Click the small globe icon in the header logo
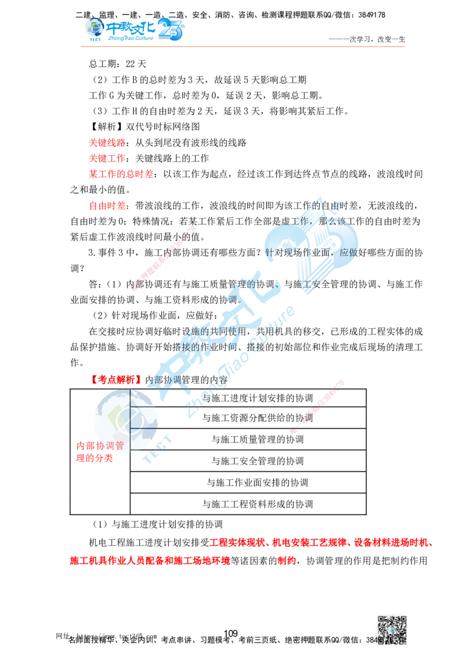click(92, 28)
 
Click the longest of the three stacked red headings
click(120, 173)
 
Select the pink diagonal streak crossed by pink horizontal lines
click(317, 407)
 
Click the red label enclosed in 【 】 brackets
click(117, 380)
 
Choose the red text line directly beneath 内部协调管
click(95, 459)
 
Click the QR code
click(391, 628)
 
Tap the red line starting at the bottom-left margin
click(150, 560)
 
